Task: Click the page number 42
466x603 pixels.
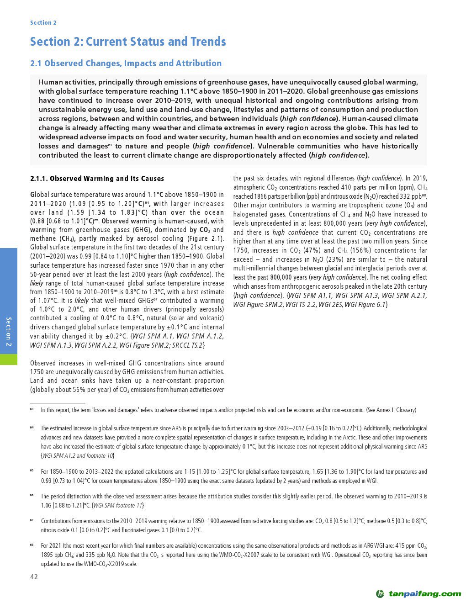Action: tap(34, 577)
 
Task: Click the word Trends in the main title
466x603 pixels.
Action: tap(205, 42)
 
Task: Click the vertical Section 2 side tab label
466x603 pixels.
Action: tap(9, 332)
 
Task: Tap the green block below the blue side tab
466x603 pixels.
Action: tap(9, 359)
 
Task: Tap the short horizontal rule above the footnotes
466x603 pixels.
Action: tap(58, 403)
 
